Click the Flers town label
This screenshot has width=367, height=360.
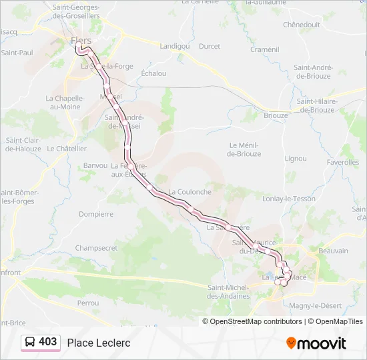81,41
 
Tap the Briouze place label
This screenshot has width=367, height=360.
276,115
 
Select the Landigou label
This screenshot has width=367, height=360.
175,46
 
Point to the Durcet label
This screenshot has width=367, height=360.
210,46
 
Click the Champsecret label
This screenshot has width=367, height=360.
96,248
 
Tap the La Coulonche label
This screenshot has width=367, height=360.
190,191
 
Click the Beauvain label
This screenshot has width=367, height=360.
334,251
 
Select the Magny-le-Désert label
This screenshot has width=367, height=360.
316,305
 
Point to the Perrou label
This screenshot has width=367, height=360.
88,303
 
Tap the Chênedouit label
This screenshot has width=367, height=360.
302,24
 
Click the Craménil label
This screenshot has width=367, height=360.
264,49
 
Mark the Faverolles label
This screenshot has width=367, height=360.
343,162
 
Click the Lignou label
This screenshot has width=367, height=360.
296,159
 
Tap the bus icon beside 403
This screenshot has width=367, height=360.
30,342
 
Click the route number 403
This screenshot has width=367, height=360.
48,342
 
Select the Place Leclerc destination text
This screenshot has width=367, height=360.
99,343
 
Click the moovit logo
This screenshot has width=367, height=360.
316,343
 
